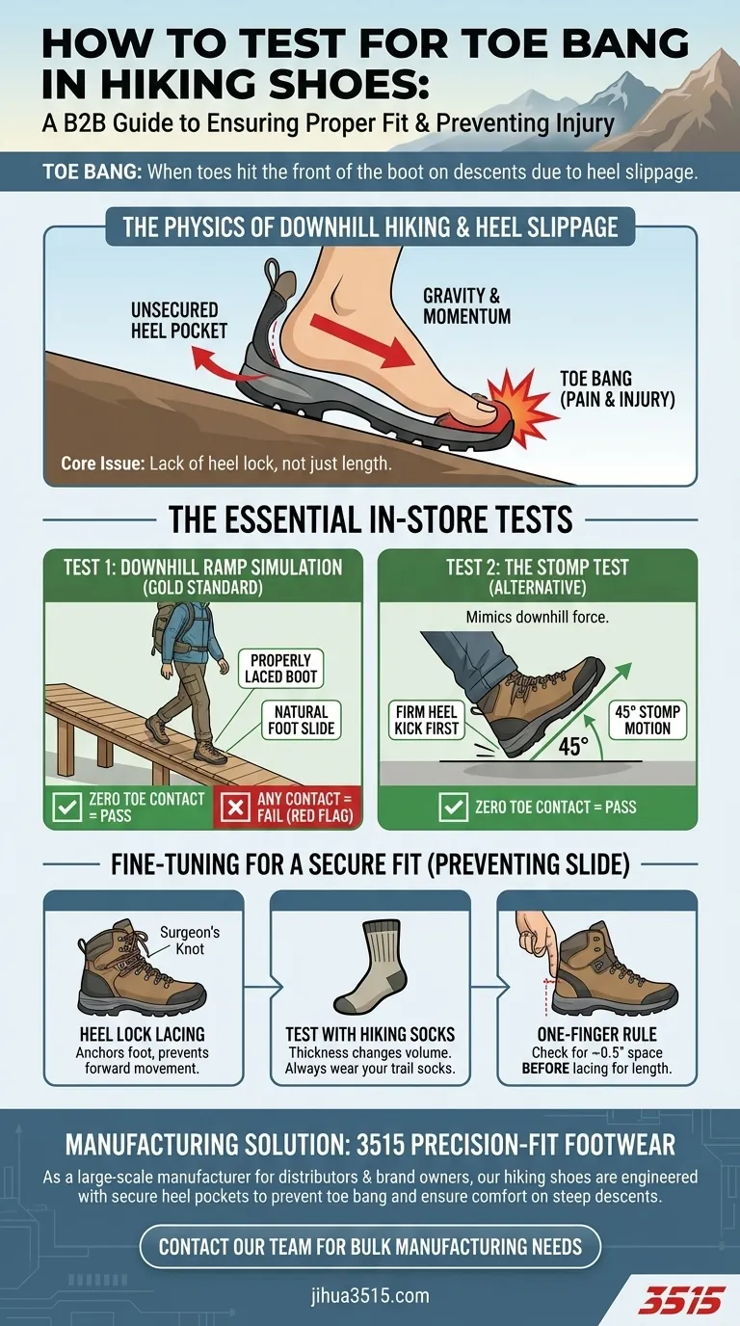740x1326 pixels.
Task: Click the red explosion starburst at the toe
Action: [522, 406]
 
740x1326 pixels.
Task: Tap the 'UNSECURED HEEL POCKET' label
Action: [179, 320]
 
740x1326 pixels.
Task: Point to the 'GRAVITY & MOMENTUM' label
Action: [466, 305]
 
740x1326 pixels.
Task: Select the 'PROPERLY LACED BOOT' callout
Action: [280, 669]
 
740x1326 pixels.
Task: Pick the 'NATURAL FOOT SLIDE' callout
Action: [302, 720]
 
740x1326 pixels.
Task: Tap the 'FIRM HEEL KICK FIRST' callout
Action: [426, 720]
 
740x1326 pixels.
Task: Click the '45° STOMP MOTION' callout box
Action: [647, 720]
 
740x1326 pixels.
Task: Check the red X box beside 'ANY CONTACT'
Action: [236, 807]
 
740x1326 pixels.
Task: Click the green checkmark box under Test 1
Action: [66, 807]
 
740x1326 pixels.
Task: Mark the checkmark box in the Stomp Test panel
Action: [454, 807]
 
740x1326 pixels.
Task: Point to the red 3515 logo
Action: [684, 1300]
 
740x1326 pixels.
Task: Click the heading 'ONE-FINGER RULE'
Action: [596, 1034]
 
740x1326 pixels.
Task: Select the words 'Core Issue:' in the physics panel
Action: [102, 463]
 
